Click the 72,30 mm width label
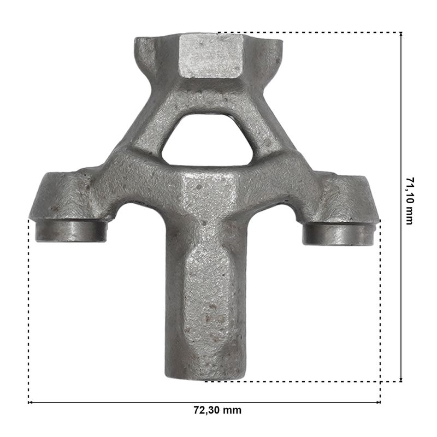(x=217, y=410)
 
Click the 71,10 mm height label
(x=409, y=200)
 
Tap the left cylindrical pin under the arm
(x=71, y=231)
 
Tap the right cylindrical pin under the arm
(x=338, y=234)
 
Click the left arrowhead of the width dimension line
(x=29, y=403)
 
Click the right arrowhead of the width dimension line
(x=379, y=403)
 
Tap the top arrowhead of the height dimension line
(x=401, y=34)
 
